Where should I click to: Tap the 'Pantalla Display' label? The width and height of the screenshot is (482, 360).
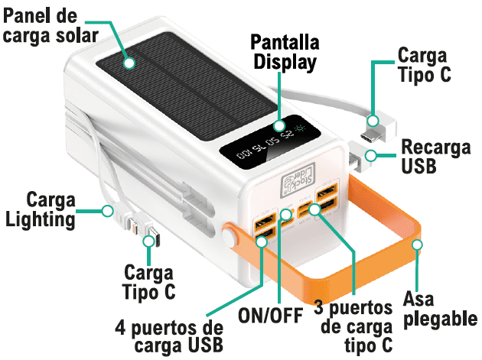[x=284, y=51]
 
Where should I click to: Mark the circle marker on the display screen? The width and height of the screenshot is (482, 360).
[x=278, y=126]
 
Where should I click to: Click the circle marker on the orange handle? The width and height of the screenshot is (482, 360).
[x=417, y=245]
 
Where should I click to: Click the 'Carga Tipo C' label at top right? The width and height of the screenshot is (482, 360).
[x=424, y=64]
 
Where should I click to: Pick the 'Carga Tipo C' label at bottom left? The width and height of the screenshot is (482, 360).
[x=148, y=281]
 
